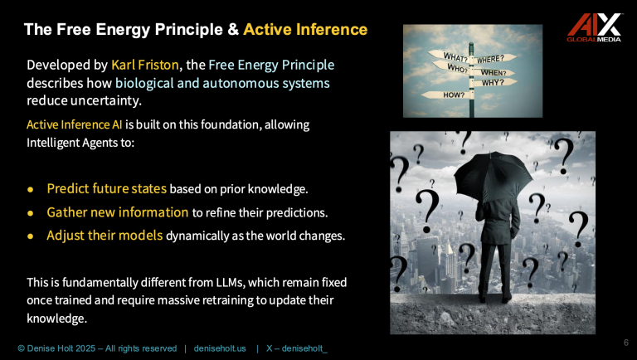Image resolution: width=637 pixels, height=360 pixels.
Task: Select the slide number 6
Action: [x=625, y=342]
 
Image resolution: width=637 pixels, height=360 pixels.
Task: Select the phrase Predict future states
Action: [x=106, y=188]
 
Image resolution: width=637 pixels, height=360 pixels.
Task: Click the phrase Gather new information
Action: [x=117, y=212]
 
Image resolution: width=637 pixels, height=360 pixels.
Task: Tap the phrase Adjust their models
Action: [x=105, y=235]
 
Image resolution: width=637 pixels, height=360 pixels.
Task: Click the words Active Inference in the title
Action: [x=304, y=30]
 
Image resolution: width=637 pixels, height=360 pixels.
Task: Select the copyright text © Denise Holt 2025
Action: [x=62, y=348]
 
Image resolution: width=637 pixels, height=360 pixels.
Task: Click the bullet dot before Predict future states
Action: [x=31, y=189]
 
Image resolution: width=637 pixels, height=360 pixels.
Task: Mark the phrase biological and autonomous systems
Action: [x=222, y=83]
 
